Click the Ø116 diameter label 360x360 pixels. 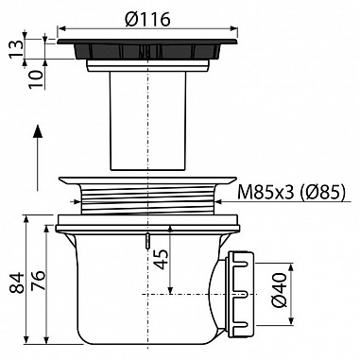tap(147, 20)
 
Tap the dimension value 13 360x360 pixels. tap(16, 48)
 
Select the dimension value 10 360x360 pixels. tap(36, 79)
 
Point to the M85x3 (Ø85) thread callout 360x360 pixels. tap(291, 192)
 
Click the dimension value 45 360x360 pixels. tap(162, 259)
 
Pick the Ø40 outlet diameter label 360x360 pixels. tap(279, 290)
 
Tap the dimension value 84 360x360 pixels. tap(17, 283)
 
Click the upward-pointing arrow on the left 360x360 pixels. tap(38, 158)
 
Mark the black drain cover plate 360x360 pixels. tap(147, 49)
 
